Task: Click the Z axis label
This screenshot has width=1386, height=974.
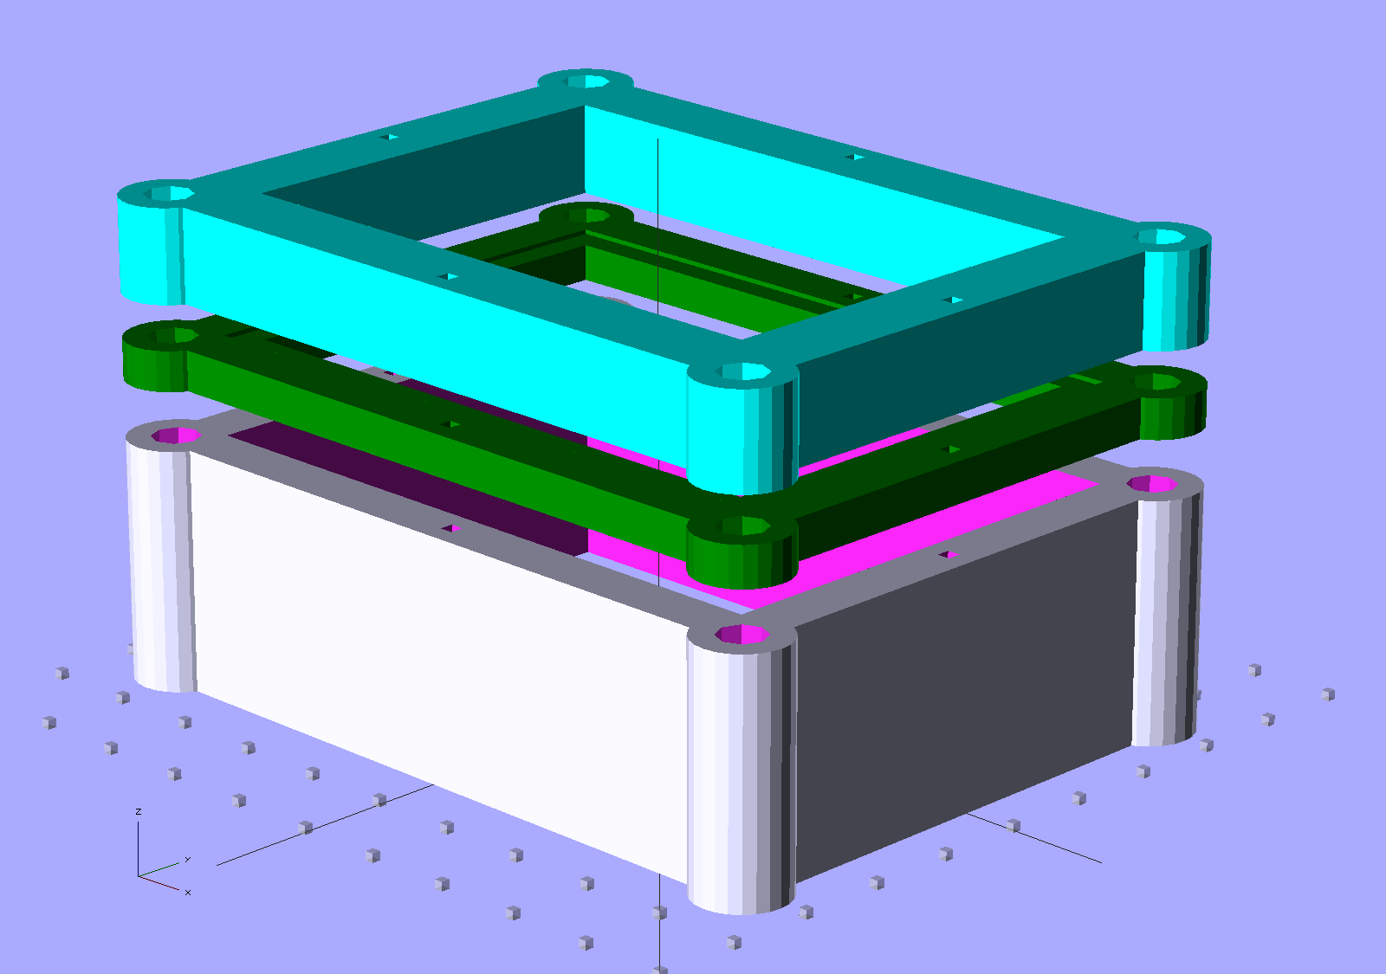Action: pos(139,811)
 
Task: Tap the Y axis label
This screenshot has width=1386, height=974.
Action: pos(187,860)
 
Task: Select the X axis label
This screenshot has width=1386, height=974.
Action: pos(187,893)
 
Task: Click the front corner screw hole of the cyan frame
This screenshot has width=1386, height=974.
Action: pos(742,371)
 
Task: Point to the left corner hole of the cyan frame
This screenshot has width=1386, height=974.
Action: pos(169,194)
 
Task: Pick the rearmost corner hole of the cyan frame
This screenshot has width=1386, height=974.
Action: pos(586,81)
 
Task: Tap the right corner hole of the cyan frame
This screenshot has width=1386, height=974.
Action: pos(1161,237)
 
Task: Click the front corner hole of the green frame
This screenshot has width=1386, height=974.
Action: pos(742,526)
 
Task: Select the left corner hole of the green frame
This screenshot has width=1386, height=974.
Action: pos(174,336)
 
